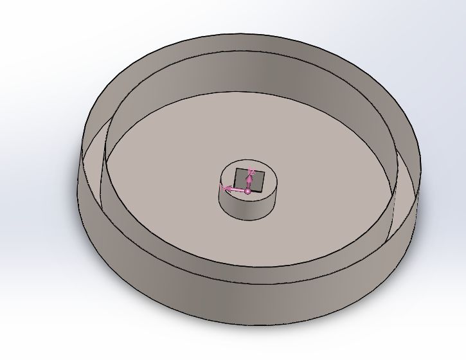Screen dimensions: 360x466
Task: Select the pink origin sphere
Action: click(248, 190)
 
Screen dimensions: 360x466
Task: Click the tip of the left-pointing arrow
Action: click(222, 188)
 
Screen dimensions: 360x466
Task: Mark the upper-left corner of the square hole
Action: click(236, 169)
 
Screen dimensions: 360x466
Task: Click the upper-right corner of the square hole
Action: click(258, 168)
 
